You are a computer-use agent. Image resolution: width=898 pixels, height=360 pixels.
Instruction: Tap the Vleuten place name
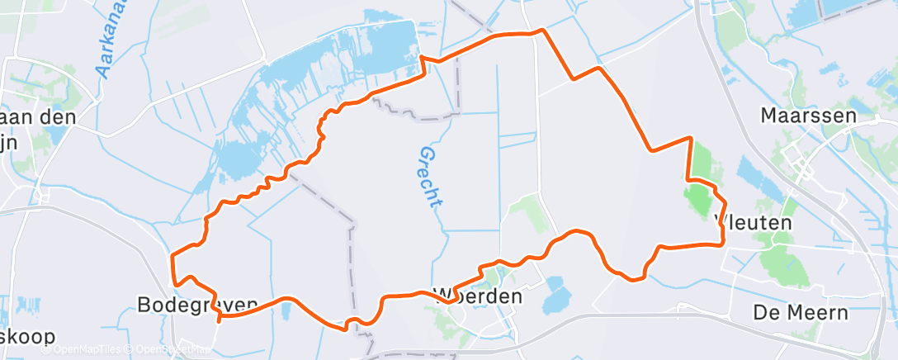(x=752, y=222)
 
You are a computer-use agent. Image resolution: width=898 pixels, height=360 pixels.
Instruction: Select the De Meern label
(x=800, y=312)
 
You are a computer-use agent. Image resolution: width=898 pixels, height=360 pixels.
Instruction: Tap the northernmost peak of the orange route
(x=541, y=31)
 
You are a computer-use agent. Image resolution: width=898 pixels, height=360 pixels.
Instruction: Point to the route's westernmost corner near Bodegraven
(x=172, y=257)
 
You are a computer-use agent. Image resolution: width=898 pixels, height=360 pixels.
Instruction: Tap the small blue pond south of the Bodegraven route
(x=286, y=310)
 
